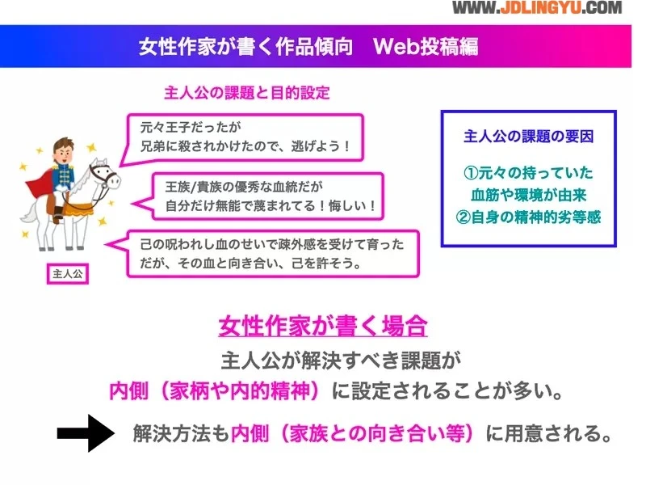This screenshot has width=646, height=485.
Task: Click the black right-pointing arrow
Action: click(86, 433)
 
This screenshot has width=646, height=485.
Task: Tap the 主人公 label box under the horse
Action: click(68, 274)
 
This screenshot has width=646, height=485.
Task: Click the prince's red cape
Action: click(40, 186)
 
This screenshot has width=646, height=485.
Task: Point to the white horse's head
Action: click(105, 175)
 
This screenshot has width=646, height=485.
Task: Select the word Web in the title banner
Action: click(396, 46)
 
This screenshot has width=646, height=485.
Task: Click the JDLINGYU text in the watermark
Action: click(540, 8)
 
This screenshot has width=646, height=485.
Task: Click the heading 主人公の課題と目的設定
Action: click(247, 93)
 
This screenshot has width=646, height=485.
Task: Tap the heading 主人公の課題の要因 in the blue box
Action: click(529, 136)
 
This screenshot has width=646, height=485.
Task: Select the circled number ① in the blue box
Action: click(471, 172)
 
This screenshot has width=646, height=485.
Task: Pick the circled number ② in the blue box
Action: click(464, 217)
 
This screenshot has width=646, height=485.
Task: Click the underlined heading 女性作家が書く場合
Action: click(322, 326)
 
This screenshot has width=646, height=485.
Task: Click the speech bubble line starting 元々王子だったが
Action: click(191, 127)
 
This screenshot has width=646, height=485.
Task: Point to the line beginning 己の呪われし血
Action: click(272, 244)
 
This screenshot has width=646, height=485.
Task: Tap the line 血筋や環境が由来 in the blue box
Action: click(529, 195)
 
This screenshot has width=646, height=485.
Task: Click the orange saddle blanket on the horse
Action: click(78, 209)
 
